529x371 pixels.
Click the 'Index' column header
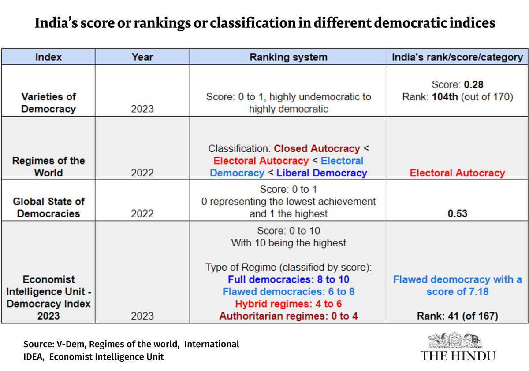click(48, 57)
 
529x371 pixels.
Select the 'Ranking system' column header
click(288, 57)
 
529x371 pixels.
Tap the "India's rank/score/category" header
click(458, 57)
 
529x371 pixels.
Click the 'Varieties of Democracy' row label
click(48, 103)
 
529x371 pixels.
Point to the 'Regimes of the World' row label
click(48, 166)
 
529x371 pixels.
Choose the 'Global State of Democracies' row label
click(48, 207)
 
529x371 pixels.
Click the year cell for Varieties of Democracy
click(142, 109)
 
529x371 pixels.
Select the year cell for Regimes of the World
click(142, 173)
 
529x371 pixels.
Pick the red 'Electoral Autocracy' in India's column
click(458, 173)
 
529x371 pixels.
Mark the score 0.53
click(458, 214)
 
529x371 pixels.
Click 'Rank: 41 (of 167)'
click(458, 316)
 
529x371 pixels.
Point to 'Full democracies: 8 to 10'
click(288, 279)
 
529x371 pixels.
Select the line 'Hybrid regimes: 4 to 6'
click(288, 304)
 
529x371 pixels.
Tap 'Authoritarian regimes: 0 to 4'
click(288, 316)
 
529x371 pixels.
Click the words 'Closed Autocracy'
click(317, 148)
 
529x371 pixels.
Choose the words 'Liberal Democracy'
click(321, 173)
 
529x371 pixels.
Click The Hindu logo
click(458, 348)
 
